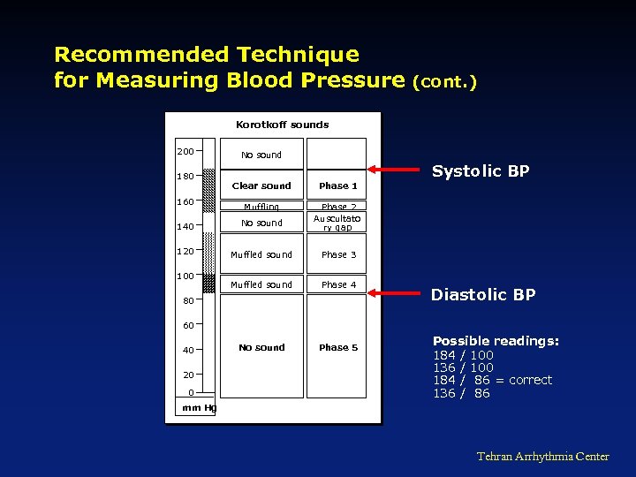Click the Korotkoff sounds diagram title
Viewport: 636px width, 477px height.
(282, 125)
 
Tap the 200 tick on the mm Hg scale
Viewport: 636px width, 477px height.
(185, 151)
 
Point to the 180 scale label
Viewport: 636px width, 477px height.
(185, 176)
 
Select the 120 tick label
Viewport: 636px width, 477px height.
(185, 251)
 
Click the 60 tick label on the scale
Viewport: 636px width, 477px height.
(188, 325)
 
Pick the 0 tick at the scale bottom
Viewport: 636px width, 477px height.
(191, 392)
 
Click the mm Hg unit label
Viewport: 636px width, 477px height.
(198, 407)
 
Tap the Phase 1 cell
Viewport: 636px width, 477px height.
(338, 185)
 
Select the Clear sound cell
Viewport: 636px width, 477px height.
(261, 185)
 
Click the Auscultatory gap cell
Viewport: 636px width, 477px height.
(337, 223)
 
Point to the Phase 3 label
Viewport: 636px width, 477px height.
(338, 254)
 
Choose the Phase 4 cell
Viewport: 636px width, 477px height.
(338, 284)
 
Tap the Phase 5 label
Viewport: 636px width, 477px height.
(338, 347)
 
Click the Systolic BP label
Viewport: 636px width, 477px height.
(480, 171)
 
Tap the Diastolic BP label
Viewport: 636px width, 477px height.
(482, 295)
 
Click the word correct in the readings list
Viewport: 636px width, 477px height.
(530, 380)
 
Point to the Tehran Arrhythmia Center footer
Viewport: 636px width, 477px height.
(542, 456)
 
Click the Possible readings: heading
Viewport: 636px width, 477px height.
(496, 341)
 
